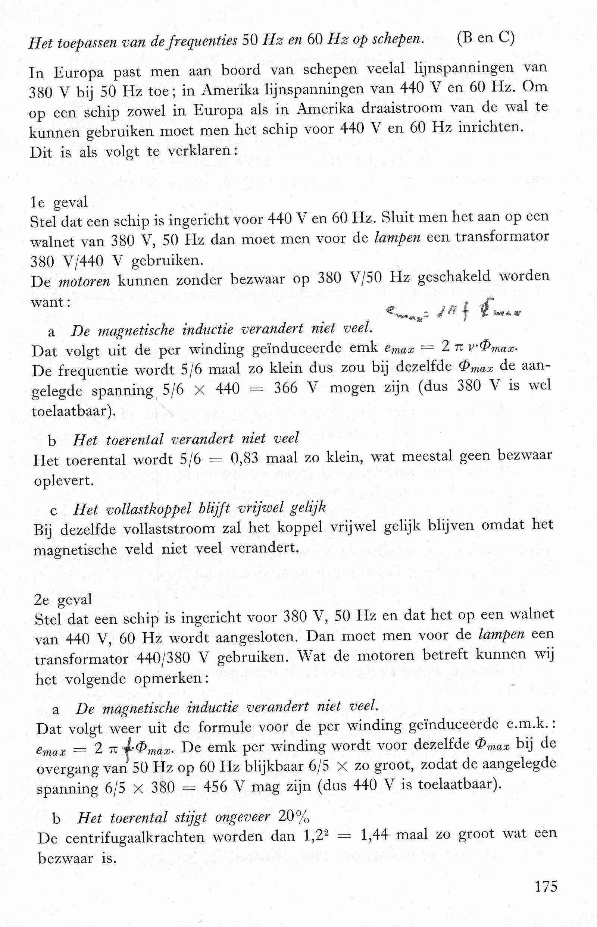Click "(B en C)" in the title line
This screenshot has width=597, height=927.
[485, 39]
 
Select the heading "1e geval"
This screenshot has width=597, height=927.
[59, 202]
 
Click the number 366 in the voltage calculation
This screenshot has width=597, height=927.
[285, 388]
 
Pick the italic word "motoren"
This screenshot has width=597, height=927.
[84, 281]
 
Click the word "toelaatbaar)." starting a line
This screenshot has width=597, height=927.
[74, 410]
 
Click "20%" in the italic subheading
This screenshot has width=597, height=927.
[293, 818]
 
